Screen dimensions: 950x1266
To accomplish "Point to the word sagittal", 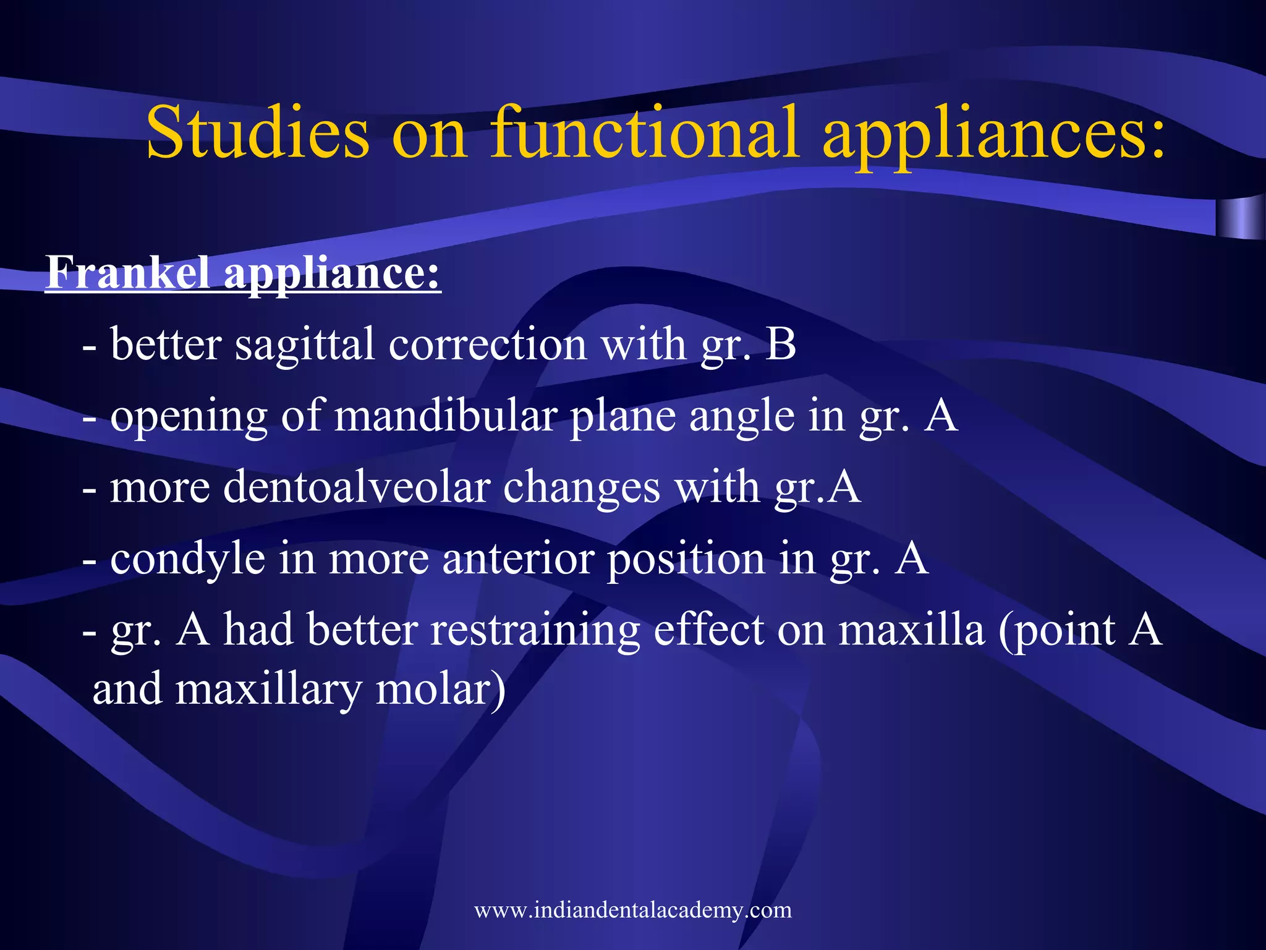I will click(305, 345).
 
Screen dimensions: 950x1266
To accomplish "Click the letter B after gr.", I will click(781, 344).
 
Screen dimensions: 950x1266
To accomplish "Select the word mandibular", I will click(445, 416).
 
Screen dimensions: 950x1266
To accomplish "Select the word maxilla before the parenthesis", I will click(911, 630).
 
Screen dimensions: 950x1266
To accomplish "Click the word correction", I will click(487, 344).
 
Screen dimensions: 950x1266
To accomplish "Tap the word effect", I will click(708, 630).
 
